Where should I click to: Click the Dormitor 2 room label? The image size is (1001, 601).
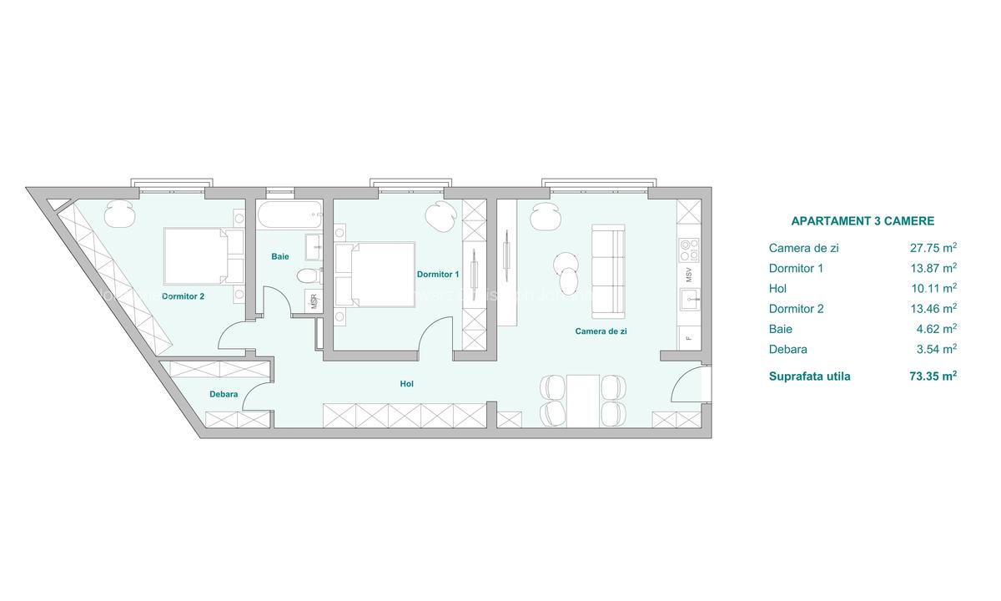[183, 295]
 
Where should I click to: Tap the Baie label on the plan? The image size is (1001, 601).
[280, 256]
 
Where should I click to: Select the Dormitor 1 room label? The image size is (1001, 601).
[438, 274]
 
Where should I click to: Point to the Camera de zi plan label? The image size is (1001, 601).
[601, 331]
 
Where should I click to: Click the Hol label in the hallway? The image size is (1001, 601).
[407, 384]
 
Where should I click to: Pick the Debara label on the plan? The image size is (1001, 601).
[224, 394]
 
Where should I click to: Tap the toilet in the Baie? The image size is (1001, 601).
[306, 276]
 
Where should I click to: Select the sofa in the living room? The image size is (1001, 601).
[607, 270]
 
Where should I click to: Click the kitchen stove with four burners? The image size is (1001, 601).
[690, 250]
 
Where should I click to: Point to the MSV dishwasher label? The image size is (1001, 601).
[690, 275]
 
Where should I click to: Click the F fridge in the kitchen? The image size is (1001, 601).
[689, 338]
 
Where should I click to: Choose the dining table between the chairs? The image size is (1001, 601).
[583, 400]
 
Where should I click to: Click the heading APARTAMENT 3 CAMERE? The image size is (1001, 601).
[862, 221]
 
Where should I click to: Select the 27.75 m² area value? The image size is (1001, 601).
[933, 248]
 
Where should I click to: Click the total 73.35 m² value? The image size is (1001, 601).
[933, 376]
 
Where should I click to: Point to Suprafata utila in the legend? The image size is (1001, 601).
[809, 376]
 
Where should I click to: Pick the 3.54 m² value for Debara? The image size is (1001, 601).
[933, 350]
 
